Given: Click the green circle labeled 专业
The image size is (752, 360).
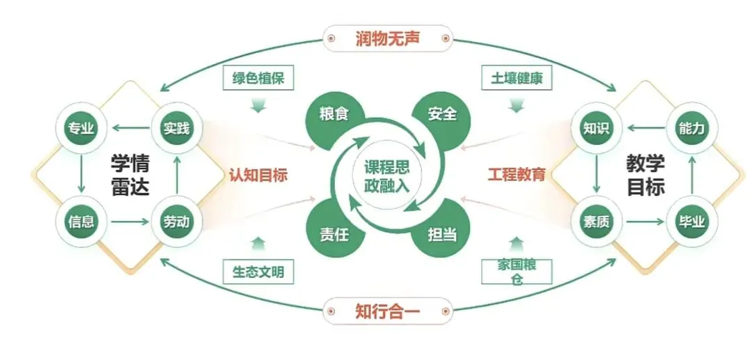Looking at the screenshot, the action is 81,128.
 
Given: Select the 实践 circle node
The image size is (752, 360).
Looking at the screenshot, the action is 176,128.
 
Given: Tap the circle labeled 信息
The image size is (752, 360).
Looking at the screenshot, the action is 81,221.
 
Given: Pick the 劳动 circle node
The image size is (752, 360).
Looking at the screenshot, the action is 176,221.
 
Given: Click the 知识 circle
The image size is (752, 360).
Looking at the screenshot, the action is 596,128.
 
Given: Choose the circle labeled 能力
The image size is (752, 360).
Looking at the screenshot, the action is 691,128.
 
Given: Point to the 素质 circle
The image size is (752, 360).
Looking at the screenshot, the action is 596,221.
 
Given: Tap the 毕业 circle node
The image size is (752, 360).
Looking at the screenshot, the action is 691,221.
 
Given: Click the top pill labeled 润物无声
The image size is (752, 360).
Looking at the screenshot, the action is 388,38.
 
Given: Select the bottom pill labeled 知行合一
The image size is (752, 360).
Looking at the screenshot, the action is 388,311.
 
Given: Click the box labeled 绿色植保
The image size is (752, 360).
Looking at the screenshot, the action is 258,78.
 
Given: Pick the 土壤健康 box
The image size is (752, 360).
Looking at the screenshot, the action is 516,78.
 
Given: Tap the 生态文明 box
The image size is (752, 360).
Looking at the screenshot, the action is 258,272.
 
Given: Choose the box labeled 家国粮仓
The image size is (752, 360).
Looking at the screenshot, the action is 516,272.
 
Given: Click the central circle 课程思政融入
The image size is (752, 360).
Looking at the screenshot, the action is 381,175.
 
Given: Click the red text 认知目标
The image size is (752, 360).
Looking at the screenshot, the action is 258,175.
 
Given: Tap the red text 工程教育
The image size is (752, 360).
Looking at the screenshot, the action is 517,175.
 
